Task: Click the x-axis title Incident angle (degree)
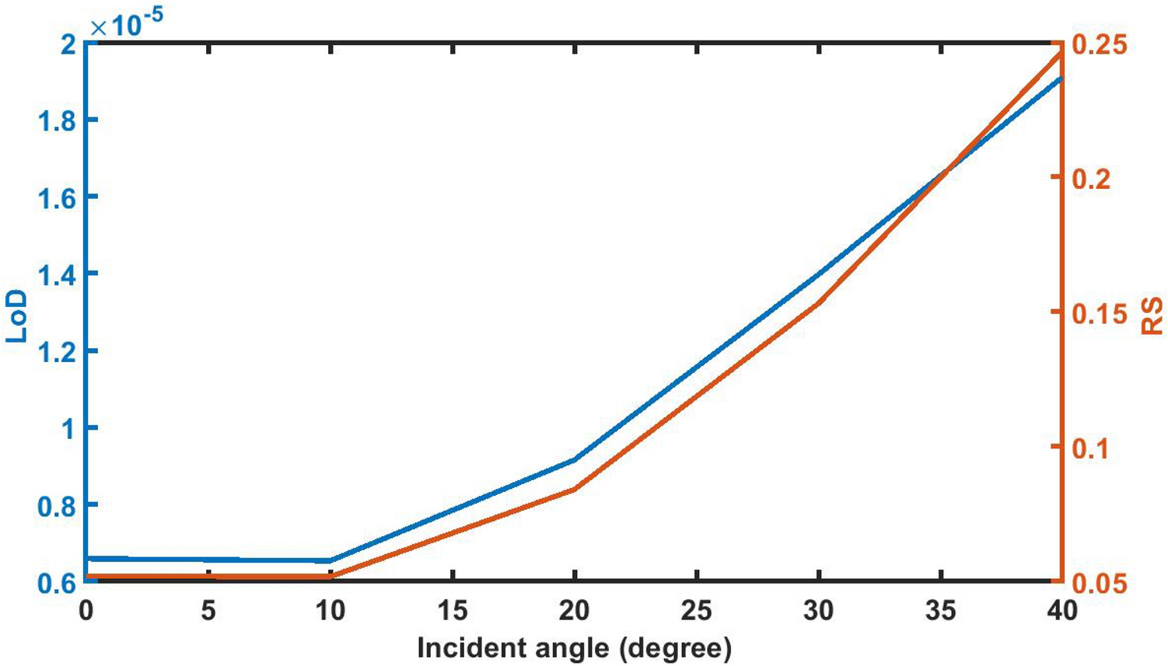[574, 648]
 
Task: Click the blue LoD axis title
[17, 316]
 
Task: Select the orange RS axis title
[1152, 316]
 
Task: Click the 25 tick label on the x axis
[696, 612]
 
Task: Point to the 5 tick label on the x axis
[208, 612]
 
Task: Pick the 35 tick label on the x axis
[940, 612]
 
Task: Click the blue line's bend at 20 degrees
[575, 460]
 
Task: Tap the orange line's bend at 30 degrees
[819, 303]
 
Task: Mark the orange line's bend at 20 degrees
[575, 489]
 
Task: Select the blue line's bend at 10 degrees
[330, 560]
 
